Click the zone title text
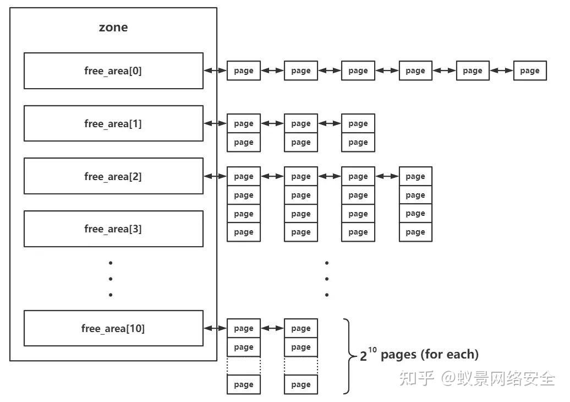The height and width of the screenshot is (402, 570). (x=113, y=28)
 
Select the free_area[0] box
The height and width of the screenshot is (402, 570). (x=113, y=70)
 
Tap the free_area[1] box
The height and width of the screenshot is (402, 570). (x=113, y=123)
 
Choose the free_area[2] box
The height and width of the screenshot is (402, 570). (x=113, y=176)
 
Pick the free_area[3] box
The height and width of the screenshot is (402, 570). (x=113, y=229)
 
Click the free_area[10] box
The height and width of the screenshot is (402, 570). (x=113, y=328)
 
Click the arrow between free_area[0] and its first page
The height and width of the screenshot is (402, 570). (x=215, y=70)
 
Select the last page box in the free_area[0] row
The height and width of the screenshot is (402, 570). (x=530, y=70)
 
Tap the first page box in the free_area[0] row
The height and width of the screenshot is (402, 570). (x=244, y=70)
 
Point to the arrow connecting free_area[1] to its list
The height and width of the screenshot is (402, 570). (x=215, y=123)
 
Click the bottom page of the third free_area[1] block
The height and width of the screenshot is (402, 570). (x=358, y=142)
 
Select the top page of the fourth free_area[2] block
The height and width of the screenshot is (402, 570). (x=415, y=176)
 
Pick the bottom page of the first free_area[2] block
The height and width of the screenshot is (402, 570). (x=244, y=232)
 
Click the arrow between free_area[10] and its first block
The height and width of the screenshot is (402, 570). (x=215, y=328)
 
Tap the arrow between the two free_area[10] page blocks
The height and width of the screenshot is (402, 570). (x=272, y=328)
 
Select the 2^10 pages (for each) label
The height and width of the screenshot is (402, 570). (x=419, y=355)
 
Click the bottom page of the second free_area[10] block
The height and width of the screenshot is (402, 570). (x=301, y=384)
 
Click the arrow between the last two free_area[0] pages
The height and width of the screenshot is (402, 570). (x=501, y=70)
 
